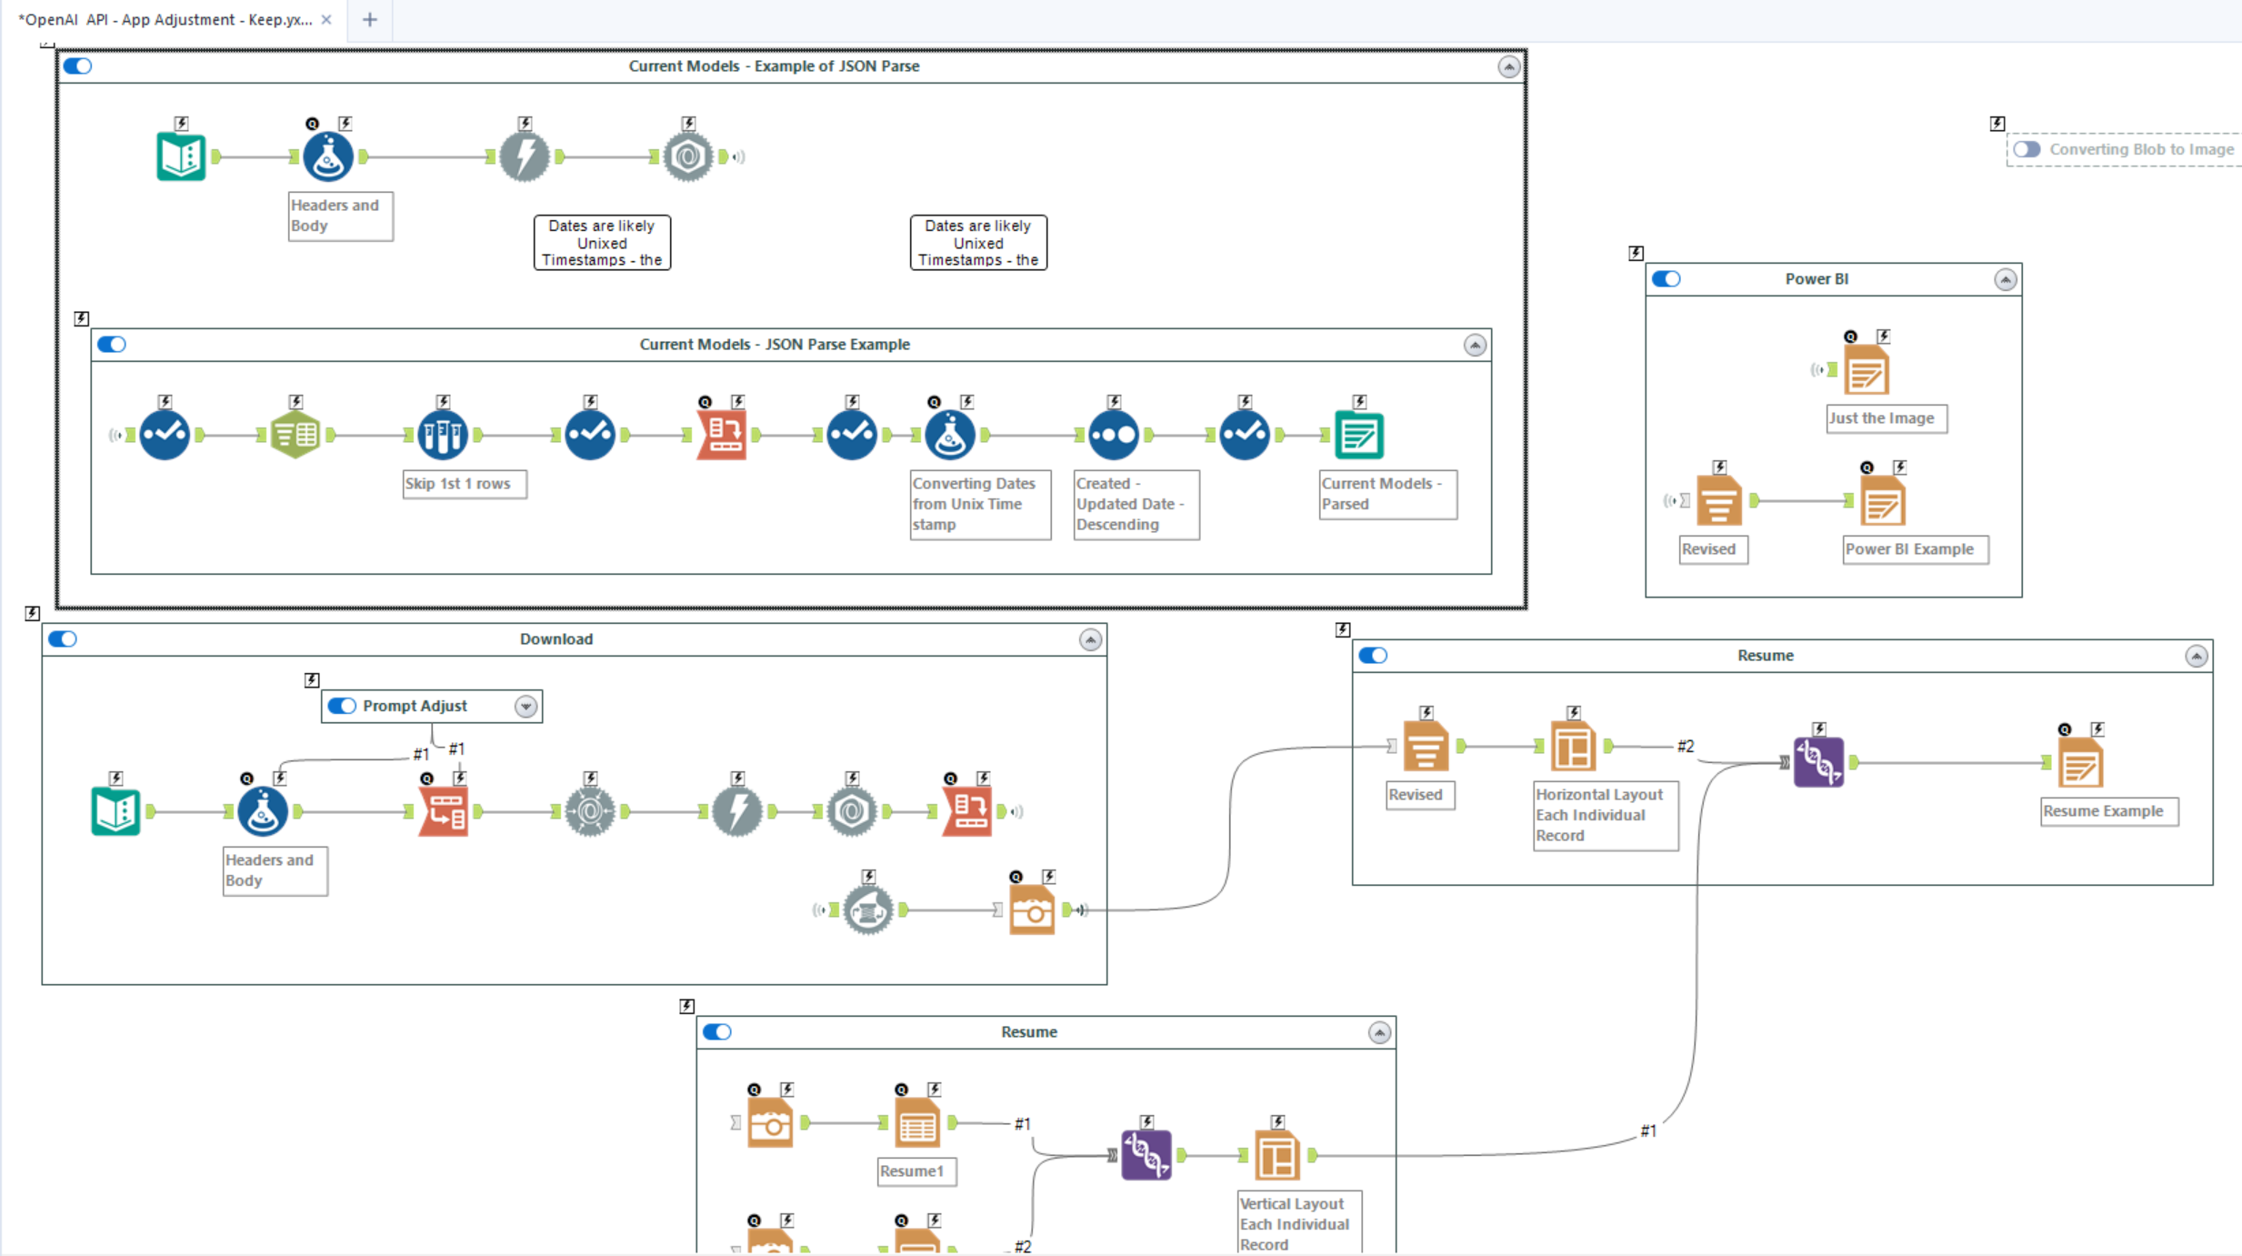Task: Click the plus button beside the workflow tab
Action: [369, 19]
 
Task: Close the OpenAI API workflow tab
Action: [326, 19]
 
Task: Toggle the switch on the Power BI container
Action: [1666, 279]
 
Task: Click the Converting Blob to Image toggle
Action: [2027, 149]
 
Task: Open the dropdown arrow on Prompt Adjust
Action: [525, 707]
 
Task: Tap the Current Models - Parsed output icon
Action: [1358, 435]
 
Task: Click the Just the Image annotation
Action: [1882, 418]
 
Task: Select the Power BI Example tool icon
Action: [1882, 501]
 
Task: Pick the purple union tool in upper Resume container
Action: [1818, 762]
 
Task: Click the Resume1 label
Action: [912, 1171]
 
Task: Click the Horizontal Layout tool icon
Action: [1573, 747]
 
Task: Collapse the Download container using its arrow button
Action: [1090, 639]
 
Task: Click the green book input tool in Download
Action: [115, 811]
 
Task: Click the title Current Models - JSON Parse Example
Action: [774, 345]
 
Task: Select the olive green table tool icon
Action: [295, 435]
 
